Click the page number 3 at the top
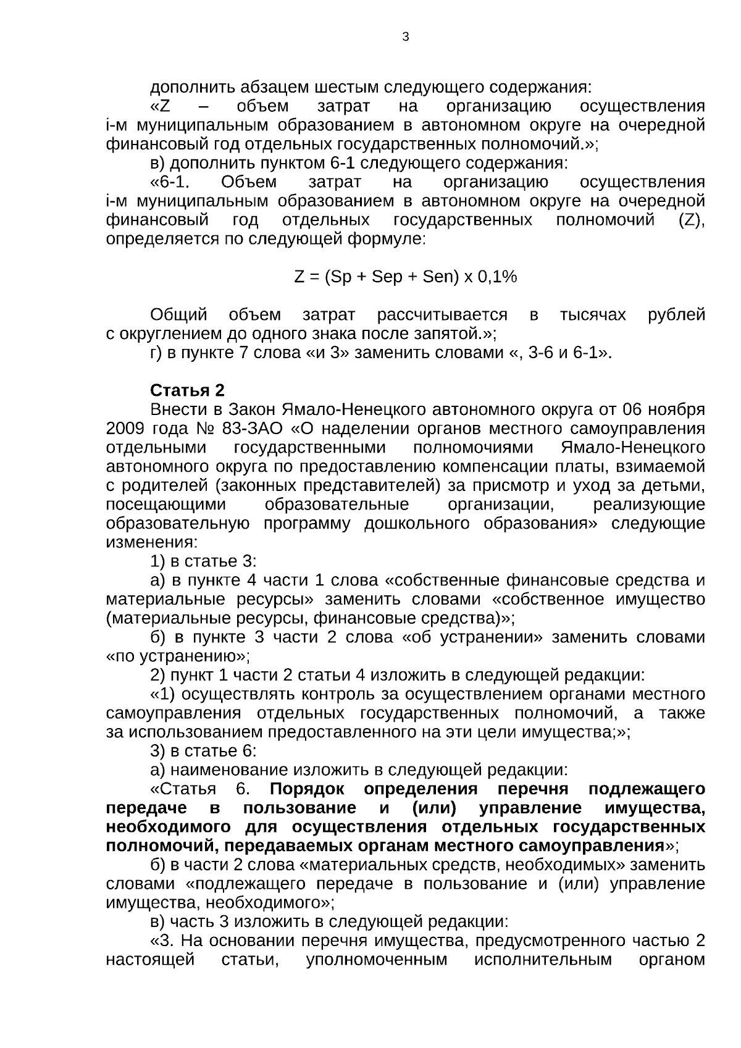[405, 37]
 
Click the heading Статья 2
[187, 391]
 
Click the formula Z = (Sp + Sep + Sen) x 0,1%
[405, 277]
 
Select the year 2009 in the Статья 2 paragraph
[125, 429]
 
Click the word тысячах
[592, 316]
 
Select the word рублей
[676, 316]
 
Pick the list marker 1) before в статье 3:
[157, 562]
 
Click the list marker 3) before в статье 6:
[157, 752]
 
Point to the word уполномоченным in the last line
[376, 960]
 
